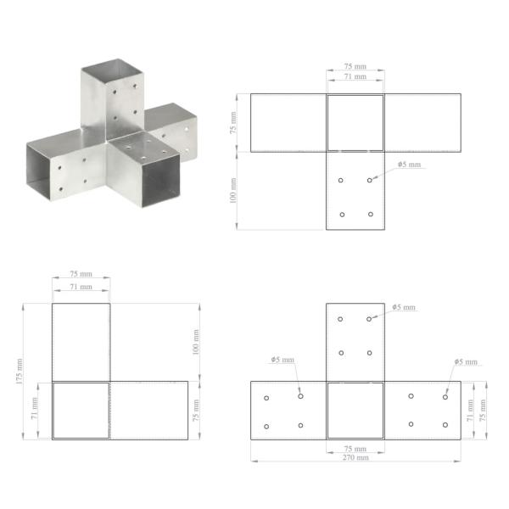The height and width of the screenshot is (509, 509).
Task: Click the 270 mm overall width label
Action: pyautogui.click(x=355, y=457)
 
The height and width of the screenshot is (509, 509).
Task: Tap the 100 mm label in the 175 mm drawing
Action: pyautogui.click(x=196, y=341)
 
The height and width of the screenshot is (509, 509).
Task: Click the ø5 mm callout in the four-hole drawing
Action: pyautogui.click(x=408, y=165)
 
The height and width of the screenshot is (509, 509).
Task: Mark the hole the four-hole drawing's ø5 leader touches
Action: pyautogui.click(x=370, y=180)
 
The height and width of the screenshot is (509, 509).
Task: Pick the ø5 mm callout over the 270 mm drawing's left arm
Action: pyautogui.click(x=282, y=360)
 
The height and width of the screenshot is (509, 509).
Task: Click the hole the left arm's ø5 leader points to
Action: pyautogui.click(x=300, y=395)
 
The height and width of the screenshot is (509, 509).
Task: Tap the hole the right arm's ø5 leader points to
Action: pyautogui.click(x=445, y=396)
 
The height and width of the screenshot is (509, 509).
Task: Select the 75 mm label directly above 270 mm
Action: pyautogui.click(x=355, y=448)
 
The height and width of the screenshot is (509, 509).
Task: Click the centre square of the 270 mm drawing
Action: pyautogui.click(x=355, y=411)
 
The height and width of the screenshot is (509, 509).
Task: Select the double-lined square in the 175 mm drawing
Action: pyautogui.click(x=81, y=411)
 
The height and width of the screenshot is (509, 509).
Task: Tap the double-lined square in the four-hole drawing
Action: pyautogui.click(x=355, y=123)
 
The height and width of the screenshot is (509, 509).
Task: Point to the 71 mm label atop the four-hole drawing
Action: pyautogui.click(x=355, y=76)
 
